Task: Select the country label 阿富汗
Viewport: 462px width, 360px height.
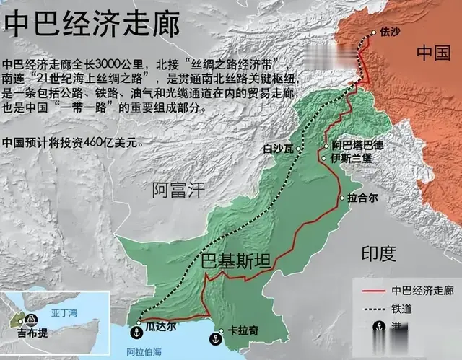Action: tap(178, 190)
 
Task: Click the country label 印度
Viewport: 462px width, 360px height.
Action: tap(379, 253)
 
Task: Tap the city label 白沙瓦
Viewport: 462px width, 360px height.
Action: tap(278, 149)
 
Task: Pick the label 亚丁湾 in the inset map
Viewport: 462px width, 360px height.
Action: tap(64, 315)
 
